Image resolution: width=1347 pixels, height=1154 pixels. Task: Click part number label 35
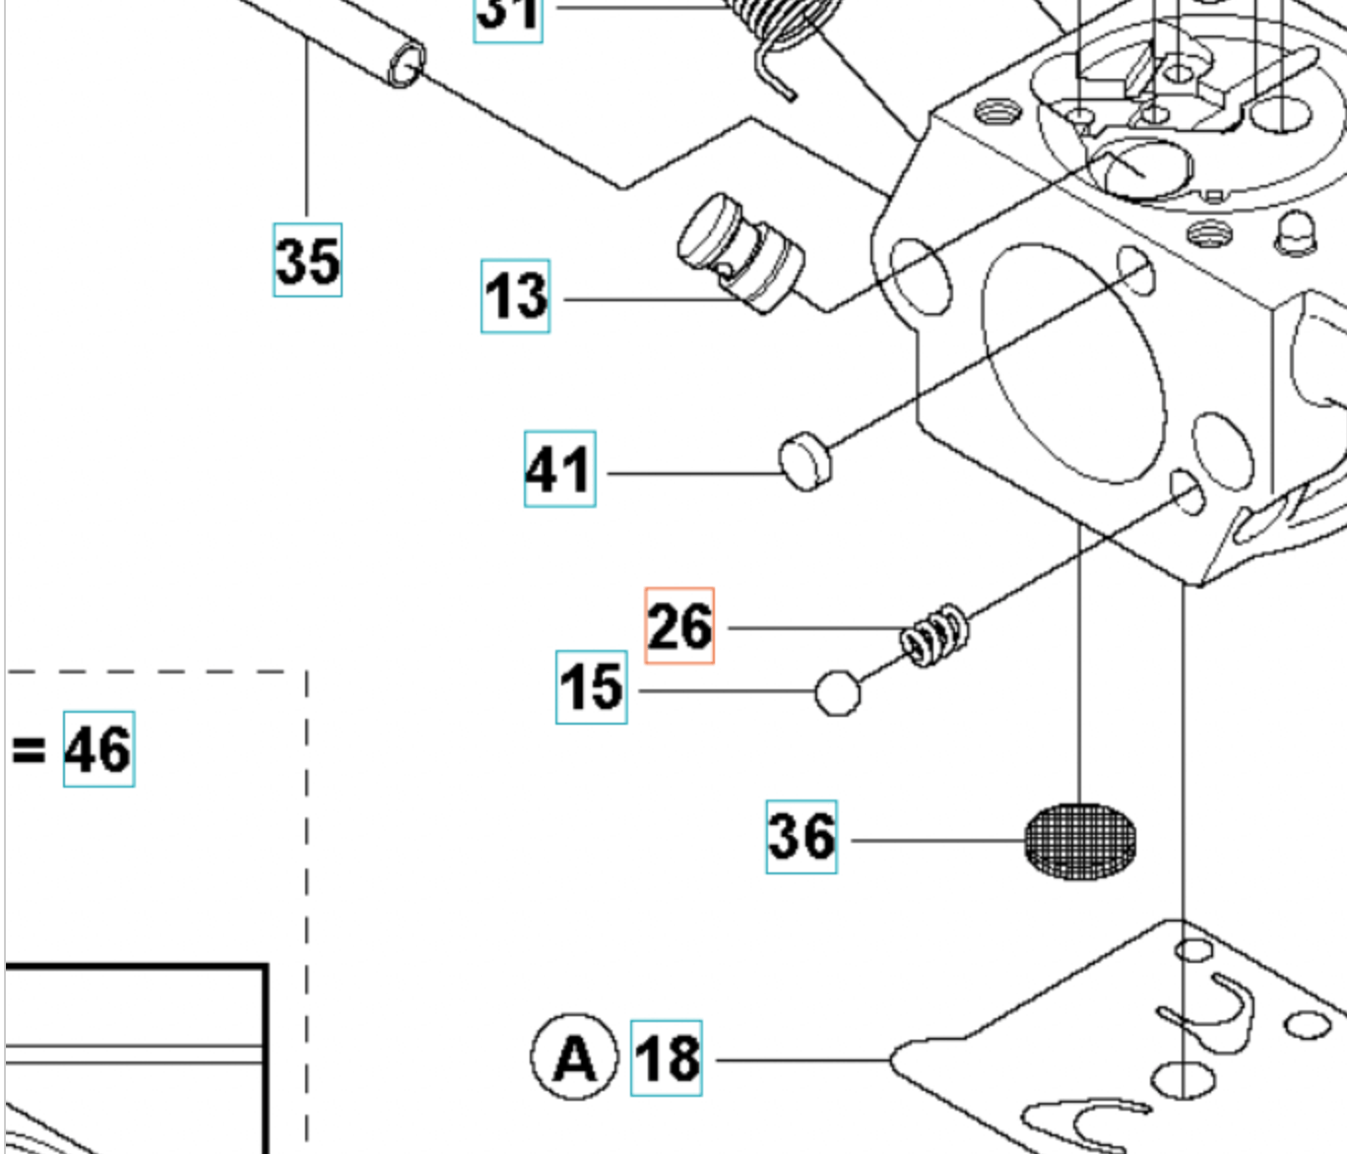(307, 260)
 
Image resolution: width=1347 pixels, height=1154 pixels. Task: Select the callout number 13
(515, 296)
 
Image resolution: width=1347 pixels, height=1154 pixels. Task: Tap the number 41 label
(559, 469)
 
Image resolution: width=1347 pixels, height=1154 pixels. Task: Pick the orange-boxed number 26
(679, 626)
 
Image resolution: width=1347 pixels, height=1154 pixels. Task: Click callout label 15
(591, 687)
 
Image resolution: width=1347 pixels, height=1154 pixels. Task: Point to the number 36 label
(802, 837)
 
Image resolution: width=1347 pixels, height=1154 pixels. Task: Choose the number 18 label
(667, 1058)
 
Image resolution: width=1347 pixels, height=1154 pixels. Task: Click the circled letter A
(574, 1058)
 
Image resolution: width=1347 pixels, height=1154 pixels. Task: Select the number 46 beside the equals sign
(98, 749)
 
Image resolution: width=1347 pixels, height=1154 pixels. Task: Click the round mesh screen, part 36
(1079, 840)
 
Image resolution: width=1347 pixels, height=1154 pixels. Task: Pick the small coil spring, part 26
(934, 635)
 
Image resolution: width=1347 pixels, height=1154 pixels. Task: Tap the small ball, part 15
(838, 692)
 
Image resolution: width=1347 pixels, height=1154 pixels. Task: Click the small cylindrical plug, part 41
(805, 461)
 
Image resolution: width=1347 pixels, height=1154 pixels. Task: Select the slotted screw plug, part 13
(740, 253)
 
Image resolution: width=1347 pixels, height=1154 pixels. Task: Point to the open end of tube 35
(405, 66)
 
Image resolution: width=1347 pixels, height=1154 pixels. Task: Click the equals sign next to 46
(29, 750)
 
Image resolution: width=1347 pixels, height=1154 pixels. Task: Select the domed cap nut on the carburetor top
(1296, 232)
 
